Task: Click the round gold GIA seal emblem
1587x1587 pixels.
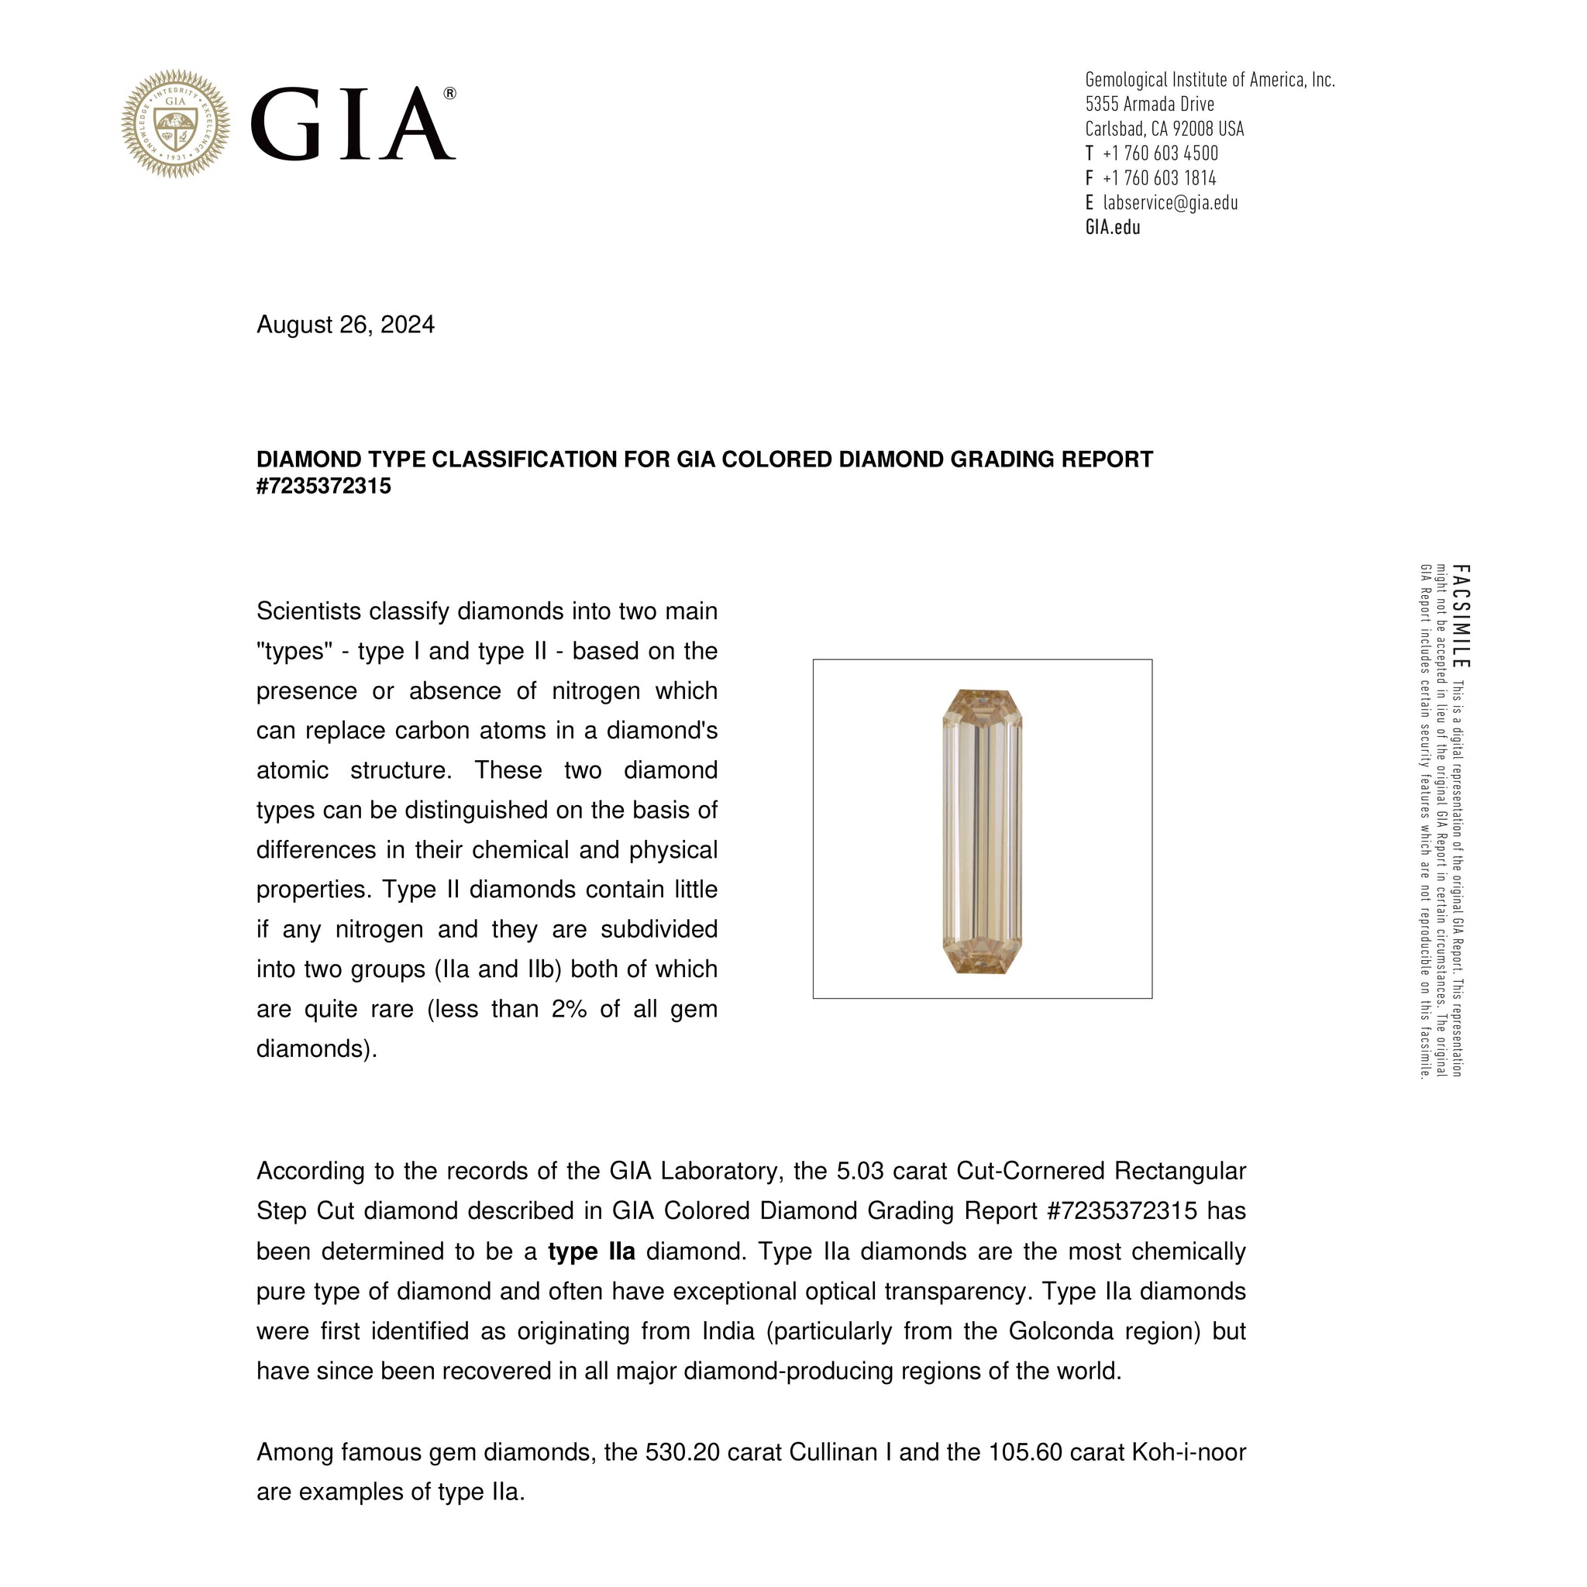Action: [175, 123]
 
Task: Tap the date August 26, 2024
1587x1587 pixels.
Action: [345, 325]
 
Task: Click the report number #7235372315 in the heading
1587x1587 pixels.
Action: [324, 487]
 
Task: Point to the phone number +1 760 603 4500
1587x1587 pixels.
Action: [1160, 153]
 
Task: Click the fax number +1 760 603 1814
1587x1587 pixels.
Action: [1159, 178]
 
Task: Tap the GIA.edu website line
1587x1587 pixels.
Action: [1112, 228]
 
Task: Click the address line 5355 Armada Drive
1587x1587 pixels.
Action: [1149, 105]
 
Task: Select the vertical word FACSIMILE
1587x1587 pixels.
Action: [1461, 616]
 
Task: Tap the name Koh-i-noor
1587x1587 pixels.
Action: [1189, 1452]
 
